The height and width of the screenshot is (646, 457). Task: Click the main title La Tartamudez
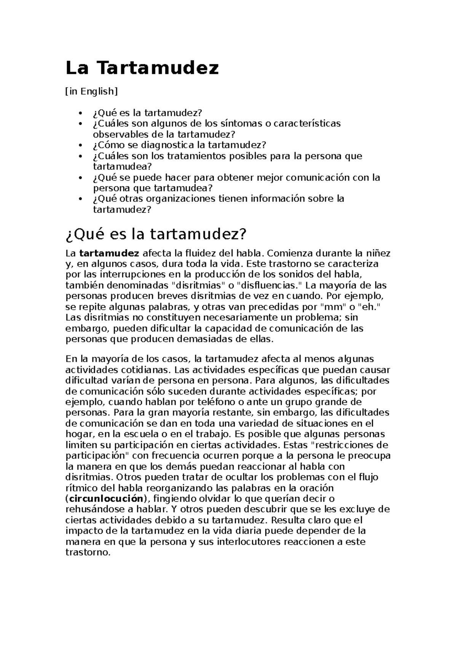(142, 69)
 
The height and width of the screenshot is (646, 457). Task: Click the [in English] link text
(91, 91)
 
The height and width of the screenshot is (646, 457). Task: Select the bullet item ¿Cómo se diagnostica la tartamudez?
(179, 145)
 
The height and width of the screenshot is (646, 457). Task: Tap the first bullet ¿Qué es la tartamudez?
(147, 113)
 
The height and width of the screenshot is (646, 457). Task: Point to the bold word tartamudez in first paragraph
(109, 253)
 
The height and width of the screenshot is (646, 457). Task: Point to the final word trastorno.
(88, 552)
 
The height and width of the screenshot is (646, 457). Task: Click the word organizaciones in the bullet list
(180, 199)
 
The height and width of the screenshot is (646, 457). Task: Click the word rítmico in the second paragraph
(79, 488)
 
